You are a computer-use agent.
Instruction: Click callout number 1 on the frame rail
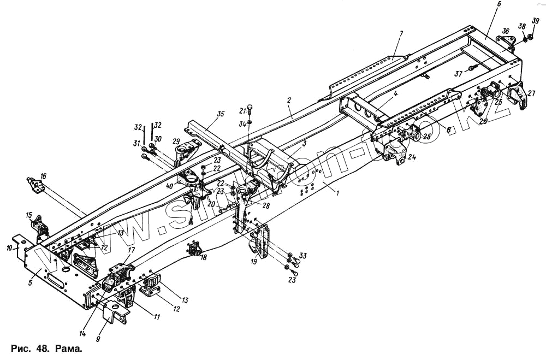(337, 193)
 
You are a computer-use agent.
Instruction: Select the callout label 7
(401, 34)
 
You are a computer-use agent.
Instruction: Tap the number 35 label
(220, 114)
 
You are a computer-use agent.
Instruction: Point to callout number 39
(536, 21)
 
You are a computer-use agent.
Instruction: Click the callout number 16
(44, 176)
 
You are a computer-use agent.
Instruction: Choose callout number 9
(98, 339)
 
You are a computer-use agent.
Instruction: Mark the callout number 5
(31, 282)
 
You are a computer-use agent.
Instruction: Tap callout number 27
(531, 93)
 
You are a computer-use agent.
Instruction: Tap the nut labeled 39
(531, 37)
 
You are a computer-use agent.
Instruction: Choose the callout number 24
(412, 158)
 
